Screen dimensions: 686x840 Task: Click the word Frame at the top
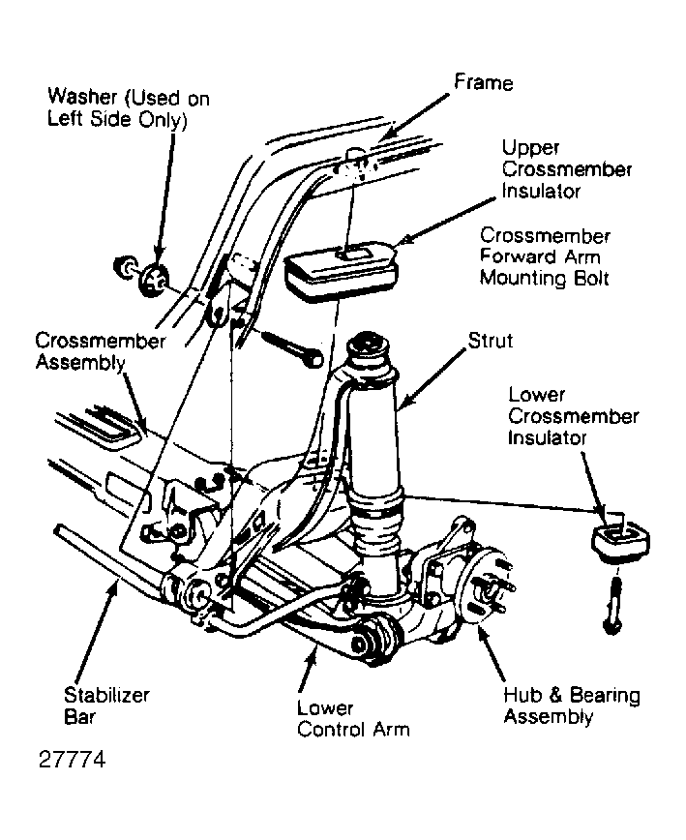484,82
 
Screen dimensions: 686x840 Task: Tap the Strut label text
491,341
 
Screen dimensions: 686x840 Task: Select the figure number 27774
73,759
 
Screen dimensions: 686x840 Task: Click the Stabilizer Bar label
106,705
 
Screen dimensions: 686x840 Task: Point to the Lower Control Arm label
353,718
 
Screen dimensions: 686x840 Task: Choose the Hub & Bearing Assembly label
572,705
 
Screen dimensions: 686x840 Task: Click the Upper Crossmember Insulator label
567,169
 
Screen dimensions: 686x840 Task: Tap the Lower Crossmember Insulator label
574,416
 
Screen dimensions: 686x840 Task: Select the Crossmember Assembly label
101,351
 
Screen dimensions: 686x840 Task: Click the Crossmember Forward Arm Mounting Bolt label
545,257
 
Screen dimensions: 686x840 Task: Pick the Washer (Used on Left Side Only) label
129,107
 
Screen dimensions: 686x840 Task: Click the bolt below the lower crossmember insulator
612,606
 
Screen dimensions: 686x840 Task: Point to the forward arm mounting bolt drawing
293,348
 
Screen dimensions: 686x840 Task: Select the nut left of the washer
124,267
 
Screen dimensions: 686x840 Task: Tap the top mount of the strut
368,347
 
